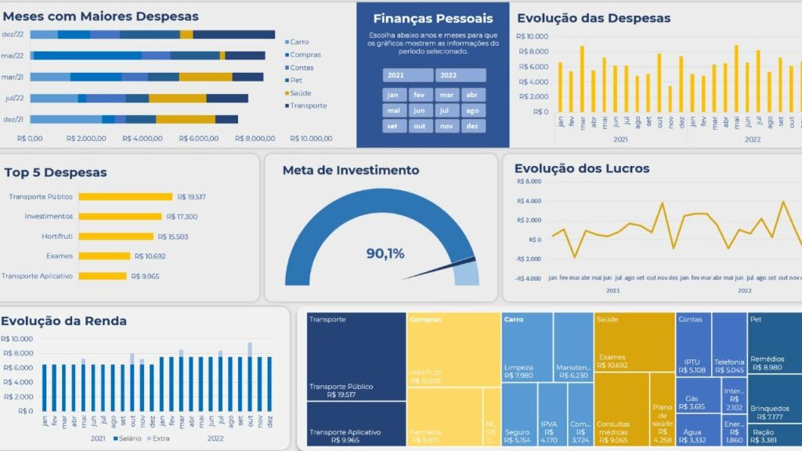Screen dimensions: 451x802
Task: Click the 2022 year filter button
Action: (461, 75)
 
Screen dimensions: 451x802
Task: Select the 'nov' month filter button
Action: (446, 126)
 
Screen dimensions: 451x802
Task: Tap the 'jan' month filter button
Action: (394, 95)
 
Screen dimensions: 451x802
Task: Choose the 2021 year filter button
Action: (408, 75)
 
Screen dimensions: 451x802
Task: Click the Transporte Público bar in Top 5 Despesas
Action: (125, 197)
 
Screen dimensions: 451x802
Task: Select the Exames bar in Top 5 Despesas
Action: (104, 256)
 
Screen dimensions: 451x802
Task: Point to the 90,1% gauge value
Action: (385, 254)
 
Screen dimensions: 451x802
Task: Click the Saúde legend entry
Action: (300, 92)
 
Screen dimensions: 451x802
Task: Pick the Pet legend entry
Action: (295, 80)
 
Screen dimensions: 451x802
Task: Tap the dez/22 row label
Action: (13, 34)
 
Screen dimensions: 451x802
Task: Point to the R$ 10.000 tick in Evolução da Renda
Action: (16, 339)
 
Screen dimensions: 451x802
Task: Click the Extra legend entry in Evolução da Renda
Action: (160, 438)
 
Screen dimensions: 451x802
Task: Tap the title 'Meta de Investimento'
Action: (350, 170)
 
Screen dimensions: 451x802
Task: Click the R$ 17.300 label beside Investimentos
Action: (182, 216)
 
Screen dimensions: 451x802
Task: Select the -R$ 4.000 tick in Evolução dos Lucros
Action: (529, 278)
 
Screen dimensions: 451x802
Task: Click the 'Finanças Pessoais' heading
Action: (432, 18)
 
